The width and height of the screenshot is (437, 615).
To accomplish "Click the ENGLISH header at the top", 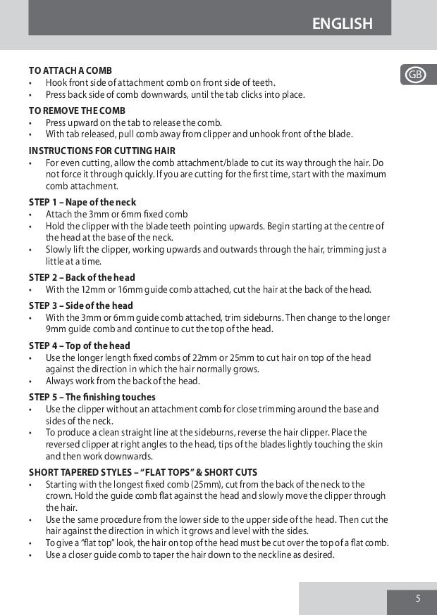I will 342,24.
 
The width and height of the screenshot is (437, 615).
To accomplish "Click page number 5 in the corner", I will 418,599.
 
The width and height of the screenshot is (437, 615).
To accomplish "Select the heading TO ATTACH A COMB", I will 70,70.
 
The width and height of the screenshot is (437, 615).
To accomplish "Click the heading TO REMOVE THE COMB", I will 77,110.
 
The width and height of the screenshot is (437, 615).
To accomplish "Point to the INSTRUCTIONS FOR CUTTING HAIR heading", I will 102,151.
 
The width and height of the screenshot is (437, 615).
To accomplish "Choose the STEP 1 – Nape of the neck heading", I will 82,203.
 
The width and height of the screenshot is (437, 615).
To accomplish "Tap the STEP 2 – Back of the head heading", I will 82,277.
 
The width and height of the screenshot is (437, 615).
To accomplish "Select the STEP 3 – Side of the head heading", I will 80,305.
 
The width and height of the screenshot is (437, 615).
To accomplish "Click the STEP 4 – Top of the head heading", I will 80,345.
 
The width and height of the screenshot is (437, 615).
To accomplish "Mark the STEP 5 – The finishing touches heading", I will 92,397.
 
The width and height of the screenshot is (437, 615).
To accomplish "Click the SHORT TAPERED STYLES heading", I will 143,472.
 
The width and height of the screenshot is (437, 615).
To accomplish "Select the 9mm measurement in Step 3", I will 56,329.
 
